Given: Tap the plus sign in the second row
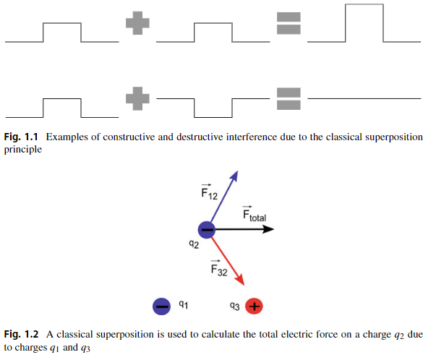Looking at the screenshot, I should coord(136,98).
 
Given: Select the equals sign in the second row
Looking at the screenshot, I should coord(288,98).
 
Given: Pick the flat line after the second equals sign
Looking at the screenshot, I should coord(365,98).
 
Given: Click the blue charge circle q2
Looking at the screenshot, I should coord(206,229).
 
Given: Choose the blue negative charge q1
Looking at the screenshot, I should coord(162,307).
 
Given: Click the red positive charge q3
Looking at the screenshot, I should coord(253,307).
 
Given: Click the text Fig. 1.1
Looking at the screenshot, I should coord(22,137).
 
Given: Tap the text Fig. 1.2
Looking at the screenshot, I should coord(22,334).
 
